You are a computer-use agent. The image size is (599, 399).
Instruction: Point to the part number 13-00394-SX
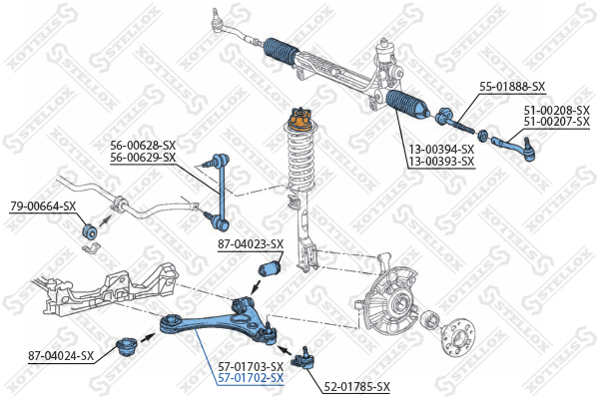click(440, 149)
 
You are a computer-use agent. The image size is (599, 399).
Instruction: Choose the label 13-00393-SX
click(440, 161)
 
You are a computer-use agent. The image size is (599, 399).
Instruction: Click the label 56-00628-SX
click(143, 146)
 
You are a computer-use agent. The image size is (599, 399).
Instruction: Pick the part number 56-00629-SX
click(143, 158)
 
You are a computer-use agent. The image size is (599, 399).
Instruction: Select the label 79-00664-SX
click(43, 206)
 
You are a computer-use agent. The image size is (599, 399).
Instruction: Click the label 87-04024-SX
click(61, 354)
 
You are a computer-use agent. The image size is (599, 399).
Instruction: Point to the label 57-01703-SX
click(251, 366)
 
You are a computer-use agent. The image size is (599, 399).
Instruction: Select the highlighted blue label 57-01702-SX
click(251, 378)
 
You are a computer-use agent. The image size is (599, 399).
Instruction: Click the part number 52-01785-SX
click(355, 386)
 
